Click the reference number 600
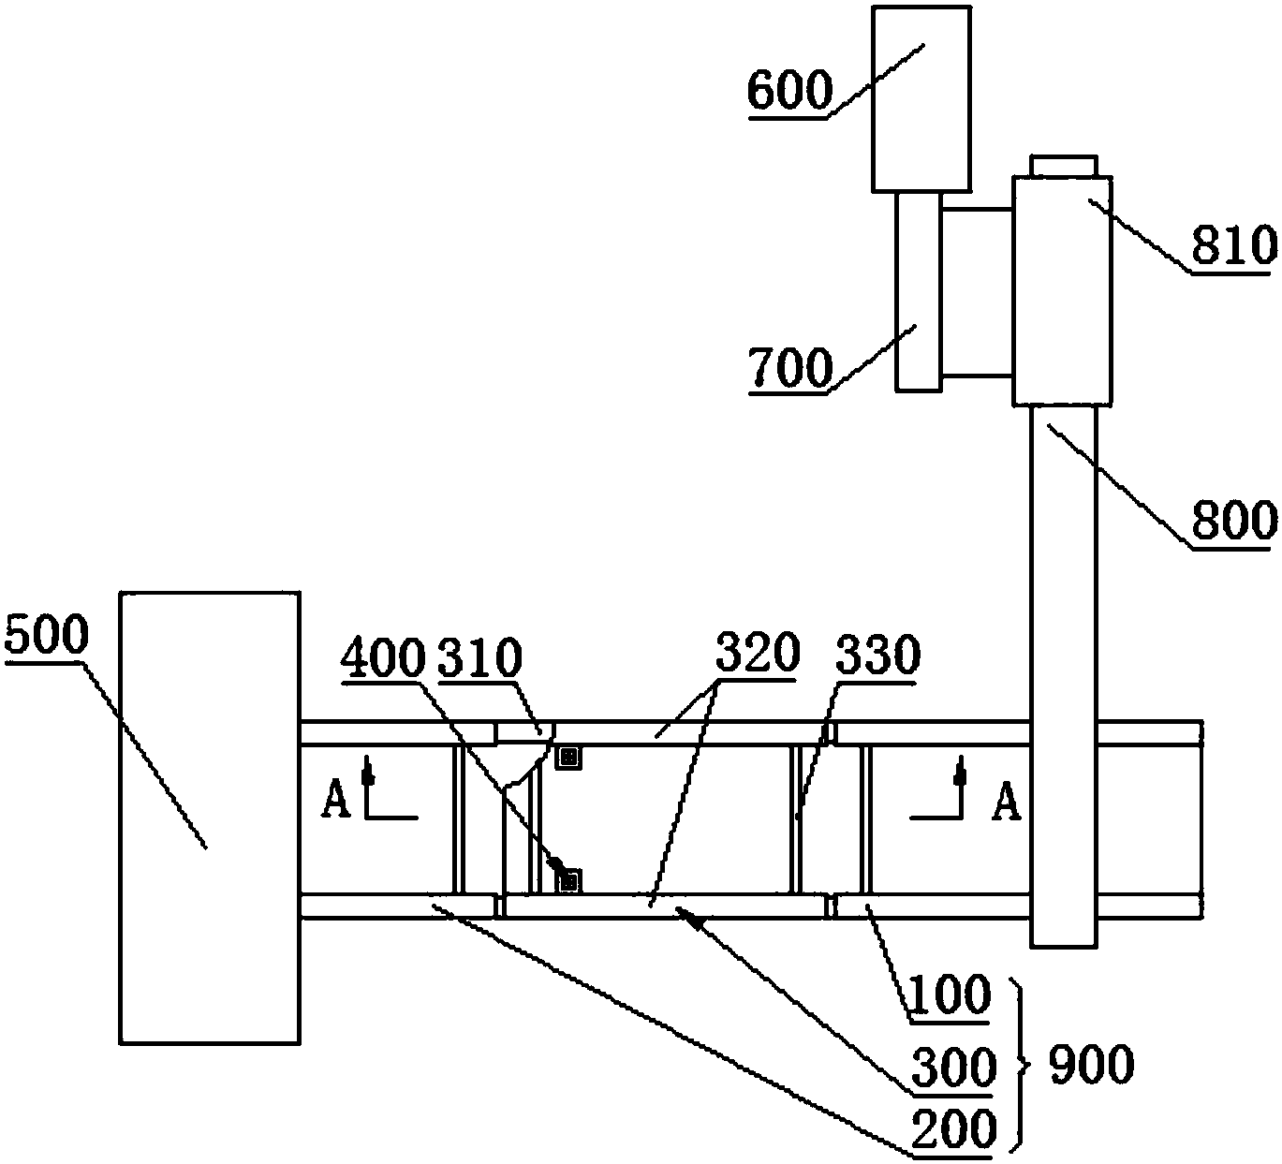pyautogui.click(x=790, y=91)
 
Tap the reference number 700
pyautogui.click(x=791, y=367)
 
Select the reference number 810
pyautogui.click(x=1234, y=246)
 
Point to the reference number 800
pyautogui.click(x=1234, y=521)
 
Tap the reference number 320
pyautogui.click(x=758, y=652)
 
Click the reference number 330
pyautogui.click(x=877, y=656)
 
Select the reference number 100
pyautogui.click(x=950, y=995)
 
